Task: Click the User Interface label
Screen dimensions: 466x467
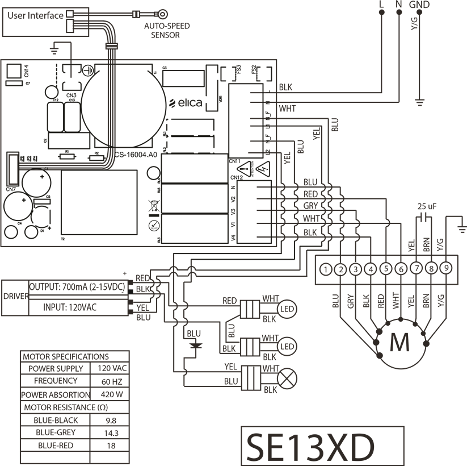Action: pyautogui.click(x=35, y=16)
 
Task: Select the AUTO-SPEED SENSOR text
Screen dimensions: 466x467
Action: pyautogui.click(x=166, y=30)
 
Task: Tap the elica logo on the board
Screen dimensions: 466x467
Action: pyautogui.click(x=186, y=103)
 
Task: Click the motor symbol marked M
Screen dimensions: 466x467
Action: pyautogui.click(x=399, y=343)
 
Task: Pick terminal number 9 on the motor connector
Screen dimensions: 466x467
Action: pyautogui.click(x=447, y=269)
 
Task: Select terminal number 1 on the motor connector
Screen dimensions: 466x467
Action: pyautogui.click(x=325, y=269)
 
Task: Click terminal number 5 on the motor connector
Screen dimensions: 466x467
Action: pyautogui.click(x=386, y=269)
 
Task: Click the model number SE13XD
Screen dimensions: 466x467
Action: pyautogui.click(x=310, y=447)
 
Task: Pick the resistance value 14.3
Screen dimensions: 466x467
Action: pyautogui.click(x=111, y=432)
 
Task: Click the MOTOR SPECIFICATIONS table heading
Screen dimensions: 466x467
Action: pyautogui.click(x=66, y=357)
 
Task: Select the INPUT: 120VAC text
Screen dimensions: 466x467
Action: pyautogui.click(x=70, y=307)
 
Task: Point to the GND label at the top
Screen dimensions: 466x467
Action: pyautogui.click(x=419, y=5)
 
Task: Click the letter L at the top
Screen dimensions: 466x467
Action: pyautogui.click(x=381, y=5)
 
